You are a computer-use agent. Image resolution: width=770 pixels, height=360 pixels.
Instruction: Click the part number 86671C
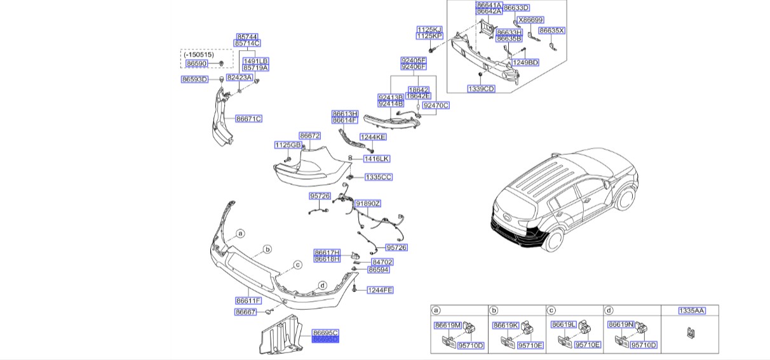(248, 119)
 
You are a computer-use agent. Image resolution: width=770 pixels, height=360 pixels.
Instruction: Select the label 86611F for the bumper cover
(248, 300)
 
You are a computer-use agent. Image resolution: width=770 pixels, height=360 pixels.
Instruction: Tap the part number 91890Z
(368, 204)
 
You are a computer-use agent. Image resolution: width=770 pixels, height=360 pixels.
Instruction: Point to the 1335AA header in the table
(691, 310)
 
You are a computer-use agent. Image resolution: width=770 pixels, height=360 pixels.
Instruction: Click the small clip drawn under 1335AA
(690, 331)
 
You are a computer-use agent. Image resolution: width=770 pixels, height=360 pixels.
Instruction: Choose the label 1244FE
(381, 290)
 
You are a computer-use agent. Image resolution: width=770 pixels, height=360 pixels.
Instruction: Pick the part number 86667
(245, 312)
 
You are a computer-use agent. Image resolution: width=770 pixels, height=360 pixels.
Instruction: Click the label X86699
(530, 20)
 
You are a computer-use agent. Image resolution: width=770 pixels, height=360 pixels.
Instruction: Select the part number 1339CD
(481, 89)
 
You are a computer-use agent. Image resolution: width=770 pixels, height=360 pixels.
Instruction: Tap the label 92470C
(436, 105)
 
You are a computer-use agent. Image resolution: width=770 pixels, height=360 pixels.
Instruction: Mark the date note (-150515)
(198, 55)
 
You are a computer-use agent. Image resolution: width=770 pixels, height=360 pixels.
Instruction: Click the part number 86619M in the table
(447, 325)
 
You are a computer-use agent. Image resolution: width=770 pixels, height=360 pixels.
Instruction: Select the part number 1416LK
(377, 158)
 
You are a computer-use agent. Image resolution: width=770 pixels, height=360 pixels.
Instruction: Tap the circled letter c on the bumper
(297, 265)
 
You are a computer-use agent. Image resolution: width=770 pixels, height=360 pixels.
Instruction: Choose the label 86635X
(551, 30)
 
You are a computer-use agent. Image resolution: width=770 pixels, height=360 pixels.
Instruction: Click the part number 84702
(382, 262)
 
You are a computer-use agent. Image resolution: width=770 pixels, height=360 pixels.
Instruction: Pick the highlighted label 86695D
(325, 340)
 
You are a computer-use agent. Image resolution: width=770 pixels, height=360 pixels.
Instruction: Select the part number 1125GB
(287, 145)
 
